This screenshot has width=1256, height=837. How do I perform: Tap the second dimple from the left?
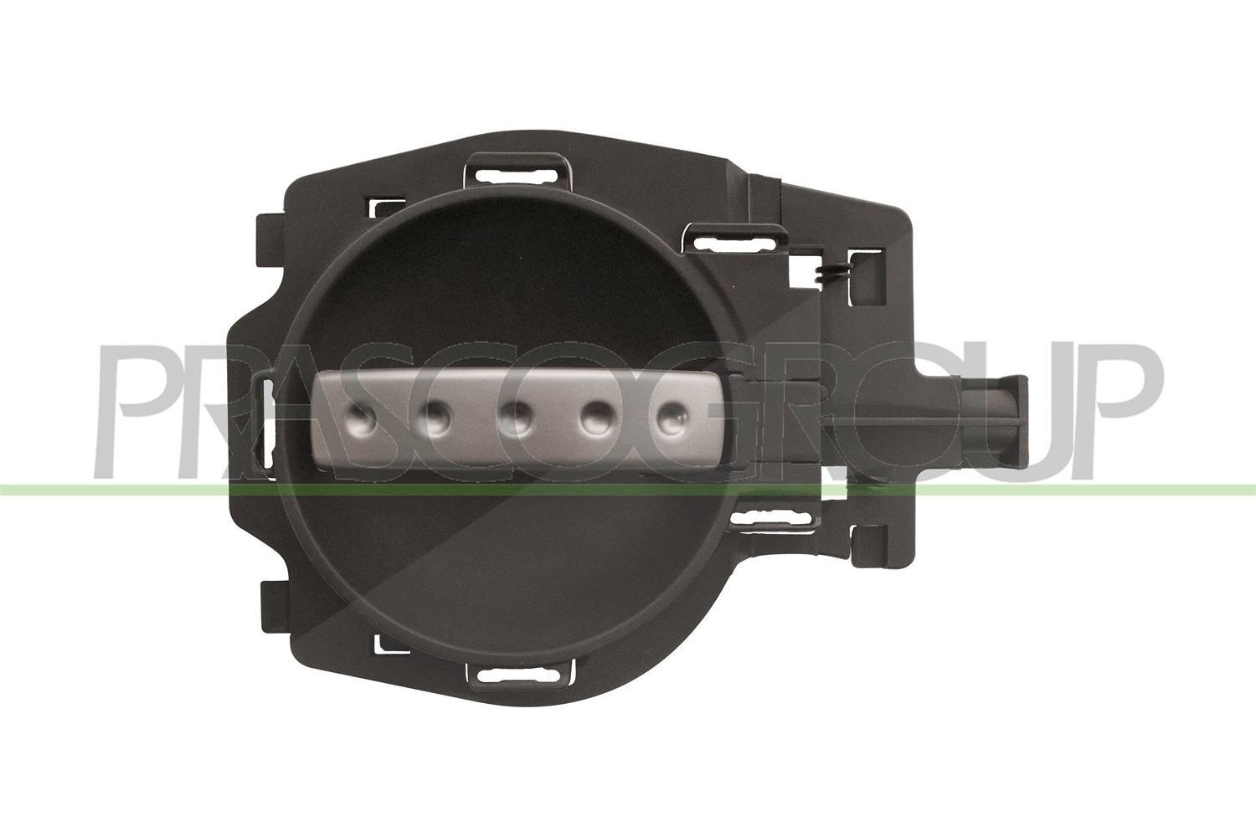tap(435, 418)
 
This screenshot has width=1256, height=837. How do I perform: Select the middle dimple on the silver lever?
tap(515, 418)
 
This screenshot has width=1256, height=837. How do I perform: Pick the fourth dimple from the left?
tap(596, 418)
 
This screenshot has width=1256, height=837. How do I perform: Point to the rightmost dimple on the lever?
tap(673, 418)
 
